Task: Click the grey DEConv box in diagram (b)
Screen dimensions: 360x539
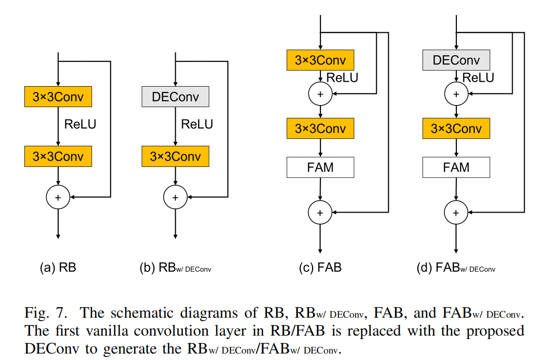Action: pyautogui.click(x=175, y=97)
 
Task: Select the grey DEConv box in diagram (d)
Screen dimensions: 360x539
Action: pyautogui.click(x=456, y=60)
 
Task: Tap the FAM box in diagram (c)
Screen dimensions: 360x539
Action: pyautogui.click(x=320, y=167)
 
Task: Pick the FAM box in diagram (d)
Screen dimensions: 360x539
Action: pyautogui.click(x=456, y=167)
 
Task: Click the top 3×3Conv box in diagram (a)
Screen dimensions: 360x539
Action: pyautogui.click(x=58, y=97)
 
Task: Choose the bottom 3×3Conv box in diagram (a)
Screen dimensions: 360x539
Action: pyautogui.click(x=58, y=156)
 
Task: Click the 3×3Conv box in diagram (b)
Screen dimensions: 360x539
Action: pyautogui.click(x=175, y=156)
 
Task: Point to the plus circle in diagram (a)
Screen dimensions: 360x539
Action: pyautogui.click(x=58, y=198)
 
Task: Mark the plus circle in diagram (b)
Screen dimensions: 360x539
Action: pyautogui.click(x=175, y=198)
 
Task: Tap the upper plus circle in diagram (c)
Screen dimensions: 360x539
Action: pyautogui.click(x=320, y=94)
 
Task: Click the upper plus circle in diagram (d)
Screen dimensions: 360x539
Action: pyautogui.click(x=456, y=94)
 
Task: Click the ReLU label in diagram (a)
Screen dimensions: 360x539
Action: pyautogui.click(x=80, y=124)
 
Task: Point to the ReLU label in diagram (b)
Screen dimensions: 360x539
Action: pyautogui.click(x=197, y=124)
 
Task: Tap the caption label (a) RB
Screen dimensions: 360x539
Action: pyautogui.click(x=58, y=268)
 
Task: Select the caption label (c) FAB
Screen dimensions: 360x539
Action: pyautogui.click(x=320, y=268)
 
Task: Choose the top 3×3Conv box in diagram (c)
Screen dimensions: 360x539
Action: pyautogui.click(x=320, y=60)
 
